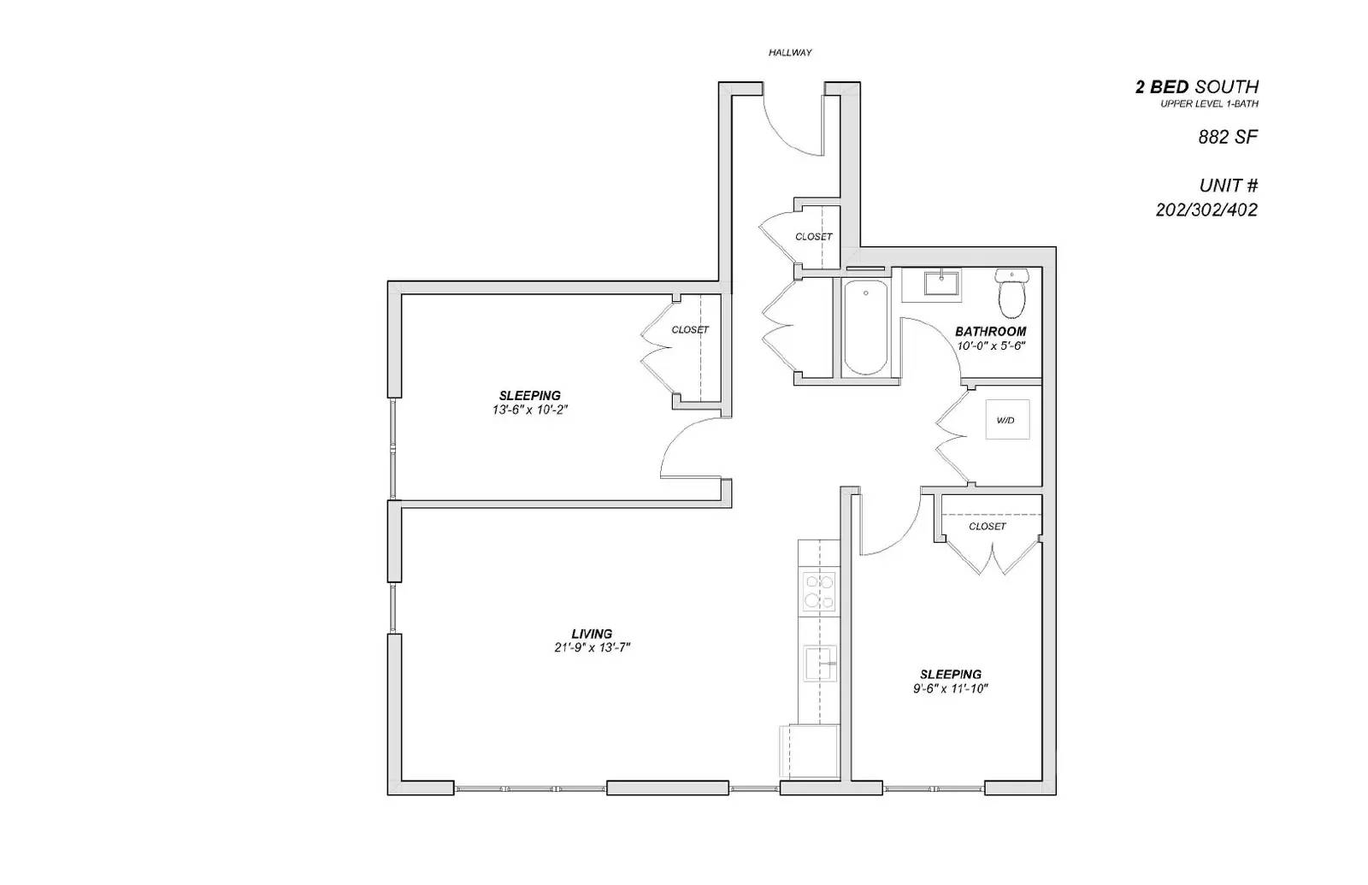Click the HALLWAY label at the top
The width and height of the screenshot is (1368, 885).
click(x=789, y=53)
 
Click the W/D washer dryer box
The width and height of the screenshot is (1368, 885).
click(x=1006, y=420)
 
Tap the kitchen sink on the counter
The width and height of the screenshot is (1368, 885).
click(x=820, y=664)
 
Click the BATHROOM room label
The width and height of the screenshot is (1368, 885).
click(x=990, y=332)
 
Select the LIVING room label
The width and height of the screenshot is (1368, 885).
click(x=592, y=634)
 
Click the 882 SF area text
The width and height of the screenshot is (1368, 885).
click(x=1228, y=137)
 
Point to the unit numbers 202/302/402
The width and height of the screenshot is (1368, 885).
click(x=1206, y=210)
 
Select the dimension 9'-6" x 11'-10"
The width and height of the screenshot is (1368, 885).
click(x=950, y=688)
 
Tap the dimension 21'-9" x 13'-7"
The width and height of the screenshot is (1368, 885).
click(x=592, y=648)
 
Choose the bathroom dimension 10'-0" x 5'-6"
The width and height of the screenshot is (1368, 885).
click(x=990, y=346)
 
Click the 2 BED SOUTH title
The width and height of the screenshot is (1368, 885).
click(x=1196, y=86)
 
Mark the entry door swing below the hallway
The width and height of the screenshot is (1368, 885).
click(x=795, y=128)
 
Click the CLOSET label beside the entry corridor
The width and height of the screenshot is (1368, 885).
click(x=813, y=237)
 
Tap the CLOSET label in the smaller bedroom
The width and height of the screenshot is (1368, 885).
click(x=987, y=527)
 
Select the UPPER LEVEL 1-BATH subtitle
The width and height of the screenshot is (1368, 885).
click(x=1209, y=104)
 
